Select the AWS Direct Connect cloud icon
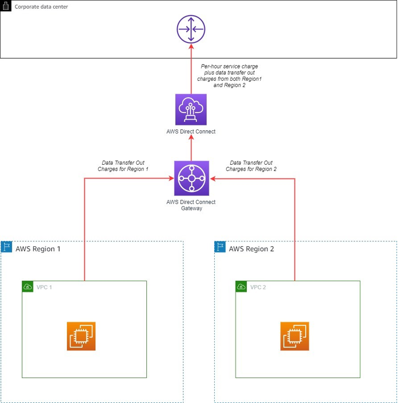(x=191, y=109)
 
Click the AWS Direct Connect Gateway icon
(x=191, y=178)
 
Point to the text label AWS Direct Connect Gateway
(x=191, y=205)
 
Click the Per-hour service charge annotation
(x=229, y=75)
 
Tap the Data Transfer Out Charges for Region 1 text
(x=123, y=166)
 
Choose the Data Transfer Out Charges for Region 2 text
(x=251, y=166)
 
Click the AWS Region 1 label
(x=38, y=249)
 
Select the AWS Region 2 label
(x=252, y=249)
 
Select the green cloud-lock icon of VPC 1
(x=28, y=286)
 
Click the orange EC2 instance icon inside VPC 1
(x=81, y=336)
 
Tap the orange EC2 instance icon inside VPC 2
(x=295, y=336)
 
